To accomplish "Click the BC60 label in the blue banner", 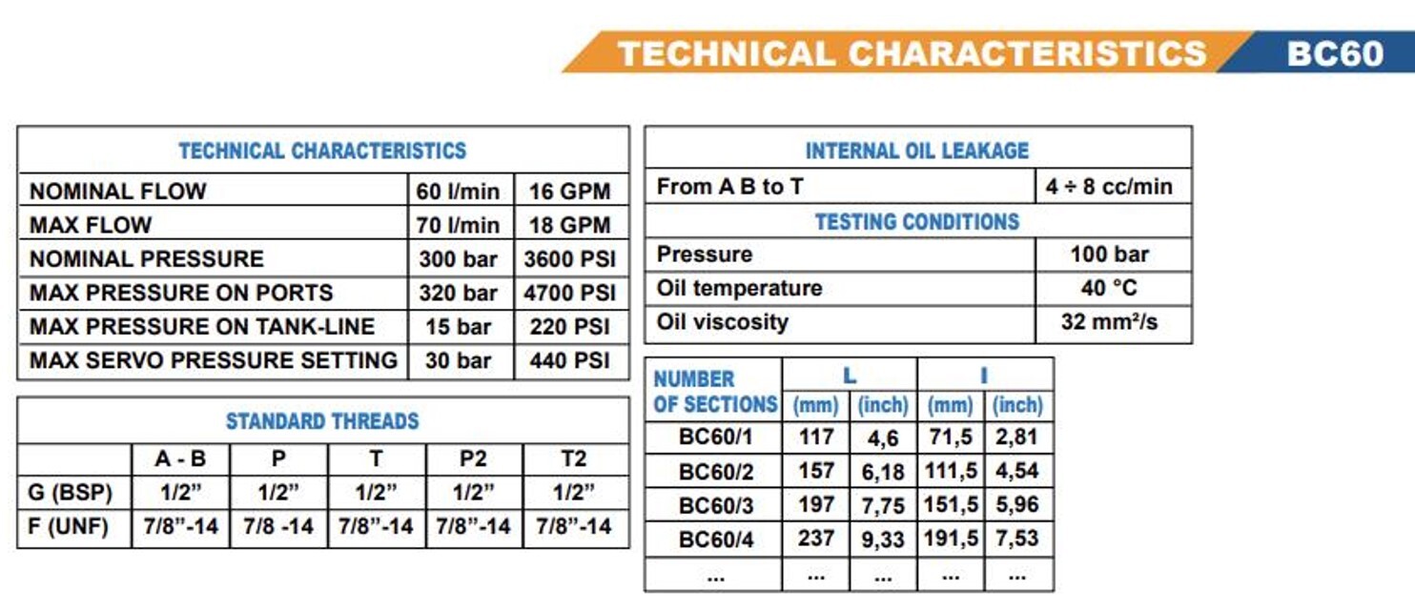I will tap(1334, 52).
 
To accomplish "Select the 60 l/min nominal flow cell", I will tap(458, 192).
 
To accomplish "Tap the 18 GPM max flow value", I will tap(569, 226).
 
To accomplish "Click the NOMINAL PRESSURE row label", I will tap(147, 259).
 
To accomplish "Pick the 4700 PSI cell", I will tap(569, 293).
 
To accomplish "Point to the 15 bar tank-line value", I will tap(458, 327).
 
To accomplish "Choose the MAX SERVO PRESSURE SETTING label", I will tap(214, 360).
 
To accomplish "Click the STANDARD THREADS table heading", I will tap(322, 421).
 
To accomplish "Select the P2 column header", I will tap(473, 459).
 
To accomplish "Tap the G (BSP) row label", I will tap(72, 493).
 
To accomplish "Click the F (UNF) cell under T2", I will tap(573, 526).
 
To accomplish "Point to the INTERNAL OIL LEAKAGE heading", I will tap(917, 151).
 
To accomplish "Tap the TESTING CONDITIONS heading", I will tap(917, 222).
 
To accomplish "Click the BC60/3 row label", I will tap(716, 505).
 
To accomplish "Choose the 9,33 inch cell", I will tap(882, 540).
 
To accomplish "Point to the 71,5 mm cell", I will tap(950, 438).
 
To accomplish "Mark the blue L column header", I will tap(849, 376).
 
